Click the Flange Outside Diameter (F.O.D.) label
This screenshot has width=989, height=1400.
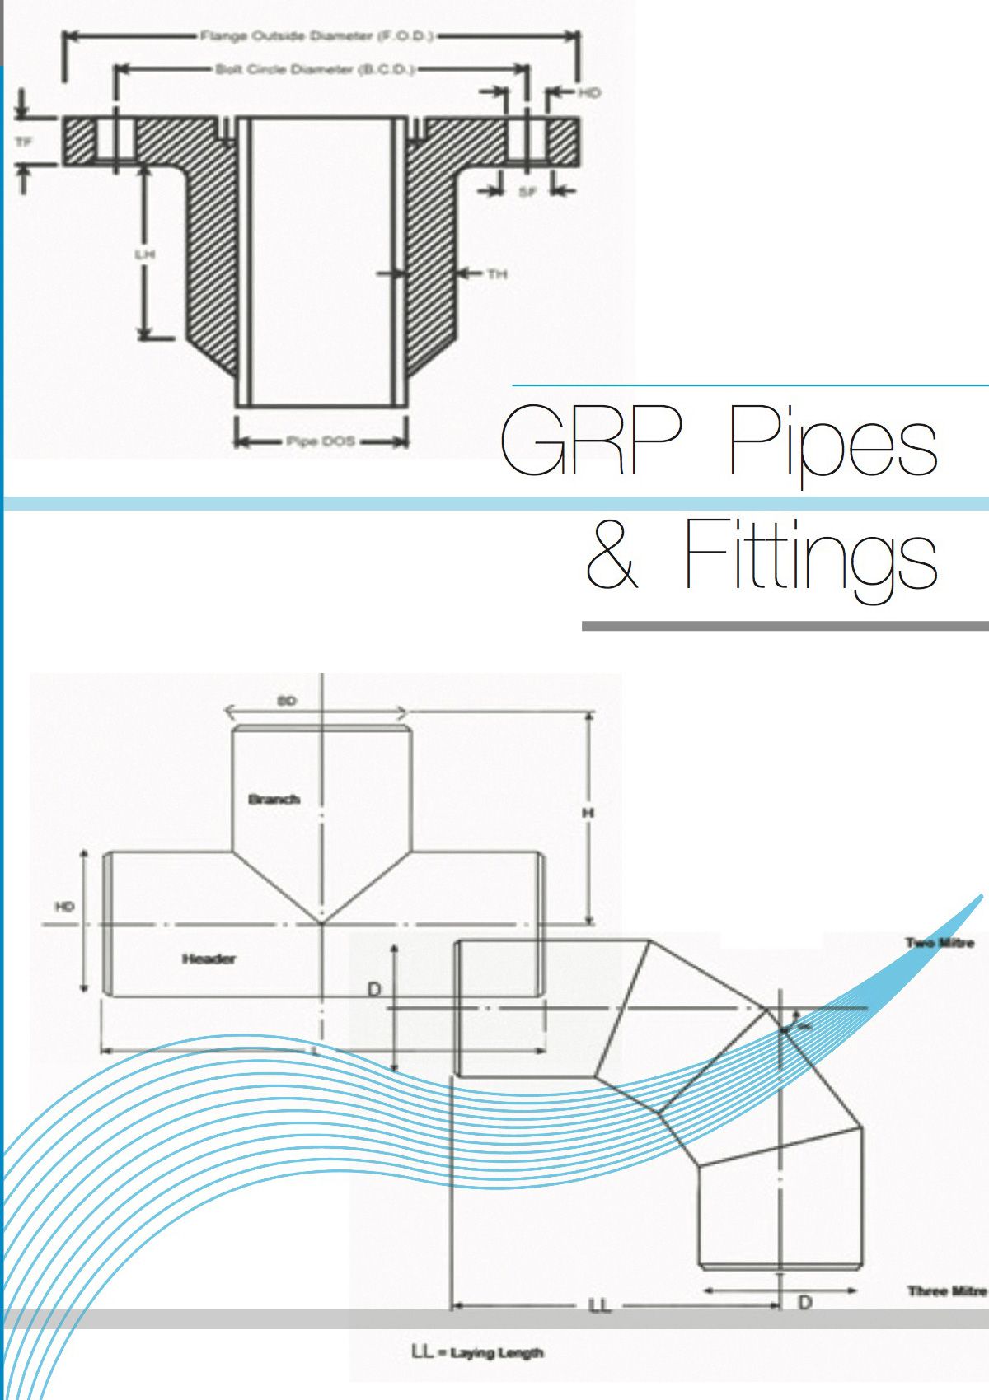tap(317, 36)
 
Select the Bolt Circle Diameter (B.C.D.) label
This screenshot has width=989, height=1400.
tap(315, 69)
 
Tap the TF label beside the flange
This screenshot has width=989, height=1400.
tap(25, 142)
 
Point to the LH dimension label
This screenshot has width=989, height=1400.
tap(145, 254)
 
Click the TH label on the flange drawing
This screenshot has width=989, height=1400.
tap(497, 273)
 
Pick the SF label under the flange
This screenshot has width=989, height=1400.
tap(527, 192)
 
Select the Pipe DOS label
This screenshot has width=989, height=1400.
tap(321, 441)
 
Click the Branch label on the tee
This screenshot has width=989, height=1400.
tap(274, 799)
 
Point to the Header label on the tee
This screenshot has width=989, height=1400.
tap(209, 958)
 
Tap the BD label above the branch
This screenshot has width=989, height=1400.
tap(286, 701)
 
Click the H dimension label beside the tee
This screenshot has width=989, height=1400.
tap(588, 813)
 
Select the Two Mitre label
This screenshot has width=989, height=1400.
tap(940, 943)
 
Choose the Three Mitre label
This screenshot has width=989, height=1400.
tap(947, 1290)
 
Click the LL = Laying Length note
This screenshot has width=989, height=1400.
tap(477, 1352)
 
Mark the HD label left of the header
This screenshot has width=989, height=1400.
tap(64, 907)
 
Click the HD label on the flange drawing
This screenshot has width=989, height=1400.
tap(588, 93)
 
